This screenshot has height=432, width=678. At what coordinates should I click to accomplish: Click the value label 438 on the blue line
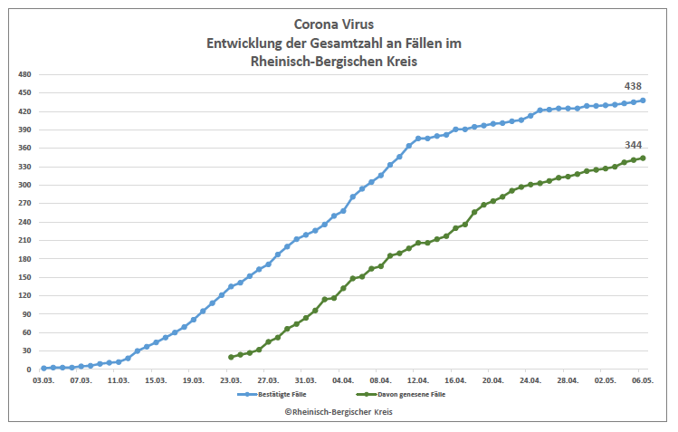point(633,86)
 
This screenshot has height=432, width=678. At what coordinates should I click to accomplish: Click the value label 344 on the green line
point(633,145)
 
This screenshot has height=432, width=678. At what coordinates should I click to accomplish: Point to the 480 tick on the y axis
point(24,74)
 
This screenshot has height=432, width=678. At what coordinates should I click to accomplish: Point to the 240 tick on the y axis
point(24,222)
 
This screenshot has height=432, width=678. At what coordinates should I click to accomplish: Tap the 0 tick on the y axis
point(30,370)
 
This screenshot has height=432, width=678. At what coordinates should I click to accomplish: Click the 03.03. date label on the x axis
point(43,381)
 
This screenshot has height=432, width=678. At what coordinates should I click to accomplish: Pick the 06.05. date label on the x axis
point(643,381)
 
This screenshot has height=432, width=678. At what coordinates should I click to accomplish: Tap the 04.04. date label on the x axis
point(343,381)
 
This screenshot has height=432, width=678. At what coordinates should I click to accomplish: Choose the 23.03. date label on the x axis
point(231,381)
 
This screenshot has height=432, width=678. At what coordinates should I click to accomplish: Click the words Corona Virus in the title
point(339,24)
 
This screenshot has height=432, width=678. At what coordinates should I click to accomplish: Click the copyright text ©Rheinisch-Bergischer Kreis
point(339,411)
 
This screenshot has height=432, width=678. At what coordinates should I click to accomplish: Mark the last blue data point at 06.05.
point(643,101)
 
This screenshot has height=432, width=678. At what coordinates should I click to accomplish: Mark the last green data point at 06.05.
point(643,158)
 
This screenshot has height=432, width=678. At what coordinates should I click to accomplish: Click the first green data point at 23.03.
point(231,357)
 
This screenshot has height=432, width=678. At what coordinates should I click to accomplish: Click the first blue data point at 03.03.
point(43,369)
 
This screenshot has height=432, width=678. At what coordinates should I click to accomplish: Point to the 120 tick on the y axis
point(24,295)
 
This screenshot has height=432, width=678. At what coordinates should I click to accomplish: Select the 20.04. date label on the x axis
point(492,381)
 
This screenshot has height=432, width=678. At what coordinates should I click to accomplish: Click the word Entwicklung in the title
point(245,43)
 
